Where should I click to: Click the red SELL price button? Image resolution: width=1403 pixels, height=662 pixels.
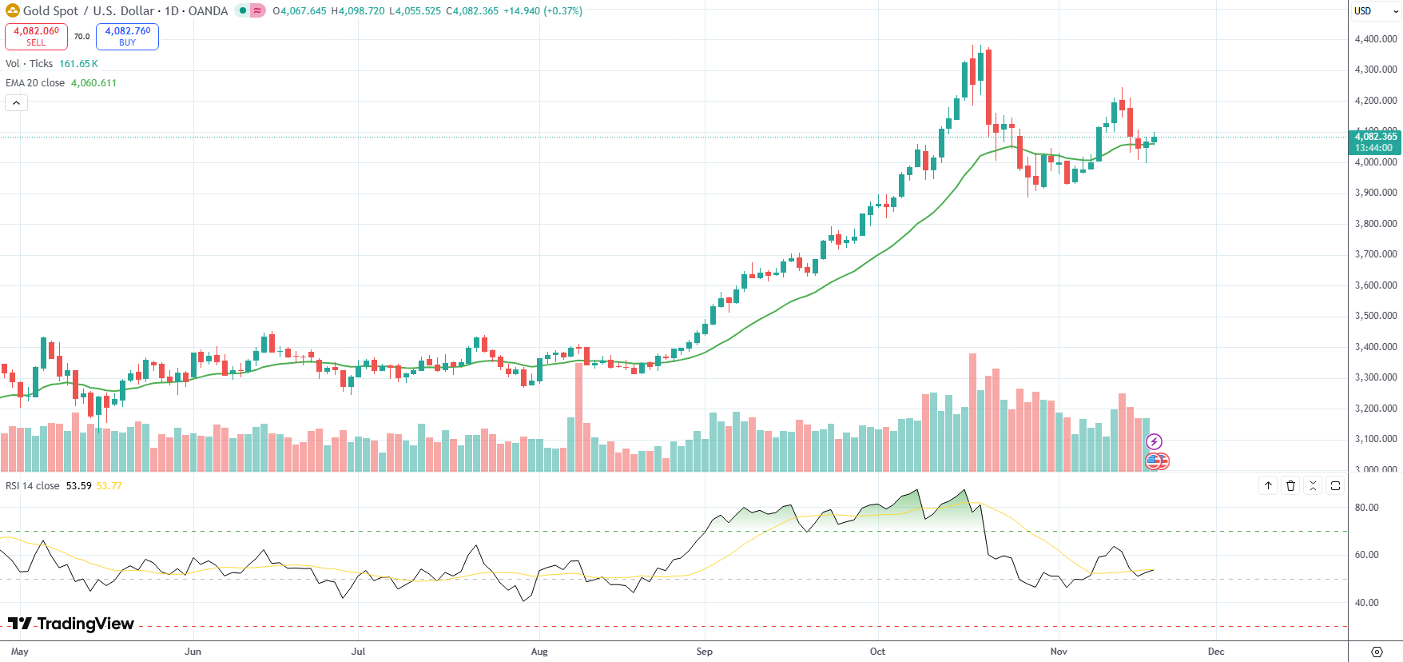(x=36, y=36)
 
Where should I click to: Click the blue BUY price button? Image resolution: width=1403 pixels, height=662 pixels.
(x=127, y=36)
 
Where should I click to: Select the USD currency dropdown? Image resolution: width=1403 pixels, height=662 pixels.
(x=1375, y=11)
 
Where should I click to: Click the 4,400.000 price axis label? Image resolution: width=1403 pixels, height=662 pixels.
(x=1376, y=38)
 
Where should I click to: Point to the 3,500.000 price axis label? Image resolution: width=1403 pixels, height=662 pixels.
(x=1376, y=316)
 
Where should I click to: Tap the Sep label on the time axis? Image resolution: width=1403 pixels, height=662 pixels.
(x=704, y=652)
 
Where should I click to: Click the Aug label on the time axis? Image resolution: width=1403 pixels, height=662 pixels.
(x=539, y=652)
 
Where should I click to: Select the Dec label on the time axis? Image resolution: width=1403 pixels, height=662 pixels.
(x=1216, y=652)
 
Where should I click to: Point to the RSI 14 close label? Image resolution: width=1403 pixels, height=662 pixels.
(x=33, y=486)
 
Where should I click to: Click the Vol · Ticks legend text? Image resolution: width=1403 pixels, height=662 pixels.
(x=30, y=64)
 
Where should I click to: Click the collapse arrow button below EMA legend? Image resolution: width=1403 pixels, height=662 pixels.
(x=16, y=102)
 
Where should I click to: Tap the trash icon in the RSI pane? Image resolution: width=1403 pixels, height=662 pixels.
(x=1290, y=485)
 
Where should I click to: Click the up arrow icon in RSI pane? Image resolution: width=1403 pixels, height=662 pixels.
(x=1268, y=485)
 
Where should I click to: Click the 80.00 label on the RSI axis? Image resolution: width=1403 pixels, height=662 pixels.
(x=1367, y=508)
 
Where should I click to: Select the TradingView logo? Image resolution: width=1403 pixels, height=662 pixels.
(x=71, y=624)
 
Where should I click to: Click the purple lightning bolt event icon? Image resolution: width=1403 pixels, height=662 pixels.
(x=1154, y=441)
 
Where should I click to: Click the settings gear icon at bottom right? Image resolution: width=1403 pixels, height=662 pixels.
(x=1376, y=652)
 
